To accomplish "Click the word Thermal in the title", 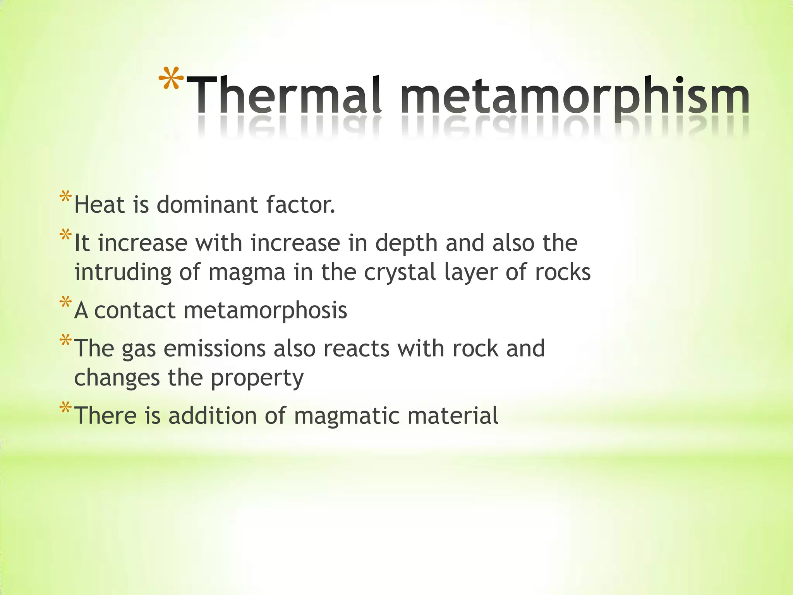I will tap(285, 95).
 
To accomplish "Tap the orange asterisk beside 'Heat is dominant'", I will tap(65, 197).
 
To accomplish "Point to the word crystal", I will tap(400, 272).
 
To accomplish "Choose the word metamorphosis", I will tap(265, 311).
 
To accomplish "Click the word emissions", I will tap(215, 348).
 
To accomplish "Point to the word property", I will tap(257, 378).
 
